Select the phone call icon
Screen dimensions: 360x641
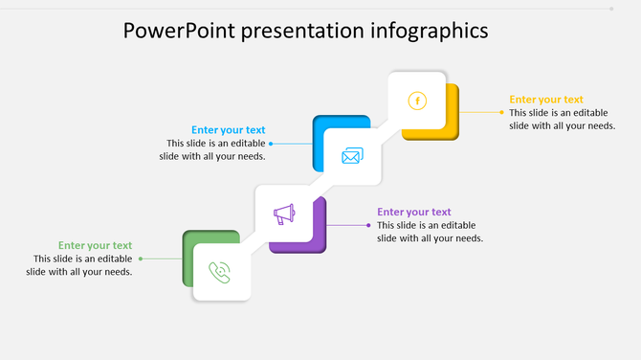[221, 272]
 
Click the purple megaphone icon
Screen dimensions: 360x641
[284, 214]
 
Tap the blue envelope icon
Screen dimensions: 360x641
[352, 156]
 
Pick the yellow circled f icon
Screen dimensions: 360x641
[417, 101]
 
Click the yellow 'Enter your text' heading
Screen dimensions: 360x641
[545, 100]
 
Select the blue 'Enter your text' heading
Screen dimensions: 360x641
[228, 130]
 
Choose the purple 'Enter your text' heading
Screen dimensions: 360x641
[413, 213]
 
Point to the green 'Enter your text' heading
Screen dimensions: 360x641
[95, 246]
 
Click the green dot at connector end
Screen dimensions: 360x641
[141, 259]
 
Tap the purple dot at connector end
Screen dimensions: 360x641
[369, 225]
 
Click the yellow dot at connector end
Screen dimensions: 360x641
[501, 112]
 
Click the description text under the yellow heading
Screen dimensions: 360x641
[562, 119]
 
